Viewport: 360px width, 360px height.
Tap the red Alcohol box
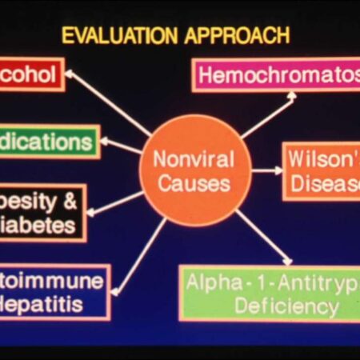coord(30,74)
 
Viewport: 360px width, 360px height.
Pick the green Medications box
coord(48,142)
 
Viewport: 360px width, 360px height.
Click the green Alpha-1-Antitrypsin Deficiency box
coord(269,293)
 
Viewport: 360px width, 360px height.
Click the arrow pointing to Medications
coord(122,146)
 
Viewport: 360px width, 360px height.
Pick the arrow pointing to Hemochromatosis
coord(268,116)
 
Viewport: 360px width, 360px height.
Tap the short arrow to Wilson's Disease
coord(266,170)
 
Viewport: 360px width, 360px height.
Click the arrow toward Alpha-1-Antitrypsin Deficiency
coord(264,237)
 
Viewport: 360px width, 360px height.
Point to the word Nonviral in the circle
coord(194,158)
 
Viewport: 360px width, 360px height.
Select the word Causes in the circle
coord(194,184)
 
